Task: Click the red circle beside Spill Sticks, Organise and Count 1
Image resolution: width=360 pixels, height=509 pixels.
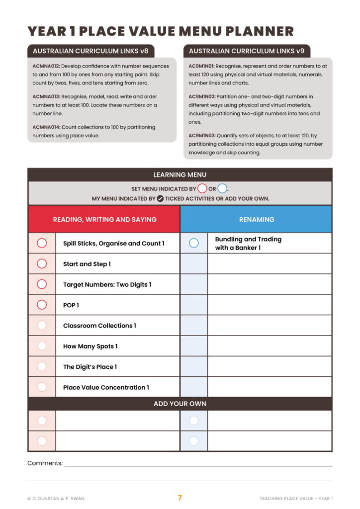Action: (42, 243)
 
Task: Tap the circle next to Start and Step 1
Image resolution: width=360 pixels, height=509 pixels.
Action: (42, 263)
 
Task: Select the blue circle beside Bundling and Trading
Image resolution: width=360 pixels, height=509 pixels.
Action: (194, 243)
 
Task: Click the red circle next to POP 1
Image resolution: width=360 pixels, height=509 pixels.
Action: (42, 305)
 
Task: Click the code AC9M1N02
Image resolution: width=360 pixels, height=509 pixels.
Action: (202, 96)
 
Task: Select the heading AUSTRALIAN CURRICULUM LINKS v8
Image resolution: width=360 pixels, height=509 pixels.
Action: (90, 51)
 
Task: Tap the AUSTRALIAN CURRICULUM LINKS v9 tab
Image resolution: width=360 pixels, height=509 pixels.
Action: (247, 51)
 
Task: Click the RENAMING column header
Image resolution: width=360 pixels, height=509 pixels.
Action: (256, 219)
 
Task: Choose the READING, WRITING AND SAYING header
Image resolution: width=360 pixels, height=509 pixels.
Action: (104, 219)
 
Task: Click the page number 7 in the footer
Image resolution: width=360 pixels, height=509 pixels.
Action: (180, 498)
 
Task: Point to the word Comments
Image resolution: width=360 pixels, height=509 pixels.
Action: (45, 463)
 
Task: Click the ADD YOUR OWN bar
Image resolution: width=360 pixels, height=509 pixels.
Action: (180, 404)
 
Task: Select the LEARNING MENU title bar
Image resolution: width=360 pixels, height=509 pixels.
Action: (180, 175)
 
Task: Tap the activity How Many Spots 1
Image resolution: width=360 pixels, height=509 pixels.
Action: (90, 346)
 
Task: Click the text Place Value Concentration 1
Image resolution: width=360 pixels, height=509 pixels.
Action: (106, 387)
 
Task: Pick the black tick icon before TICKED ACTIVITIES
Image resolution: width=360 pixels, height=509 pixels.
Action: (160, 198)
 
